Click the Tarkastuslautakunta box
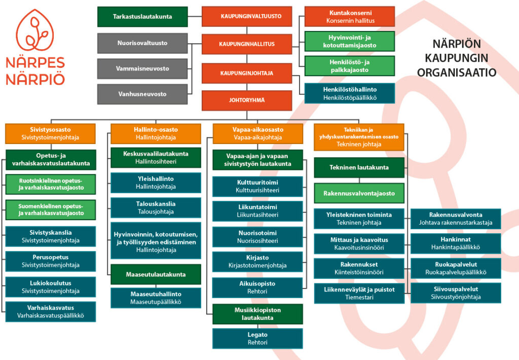coord(142,17)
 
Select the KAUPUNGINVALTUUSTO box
coord(247,16)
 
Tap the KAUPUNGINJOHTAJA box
coord(247,73)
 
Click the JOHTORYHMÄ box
coord(247,100)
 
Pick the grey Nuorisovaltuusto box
coord(142,43)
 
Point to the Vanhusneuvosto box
coord(142,94)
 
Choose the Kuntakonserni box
coord(350,17)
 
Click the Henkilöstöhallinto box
coord(350,93)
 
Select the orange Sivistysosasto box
coord(50,133)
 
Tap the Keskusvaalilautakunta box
coord(156,158)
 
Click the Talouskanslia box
coord(156,208)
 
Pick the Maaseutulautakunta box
coord(156,274)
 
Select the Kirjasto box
coord(257,262)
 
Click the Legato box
coord(257,339)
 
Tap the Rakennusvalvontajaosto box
coord(359,193)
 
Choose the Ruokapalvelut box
coord(456,268)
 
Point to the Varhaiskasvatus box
coord(50,312)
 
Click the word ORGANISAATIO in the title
coord(457,73)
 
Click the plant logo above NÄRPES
coord(35,30)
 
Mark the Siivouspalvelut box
coord(456,293)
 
